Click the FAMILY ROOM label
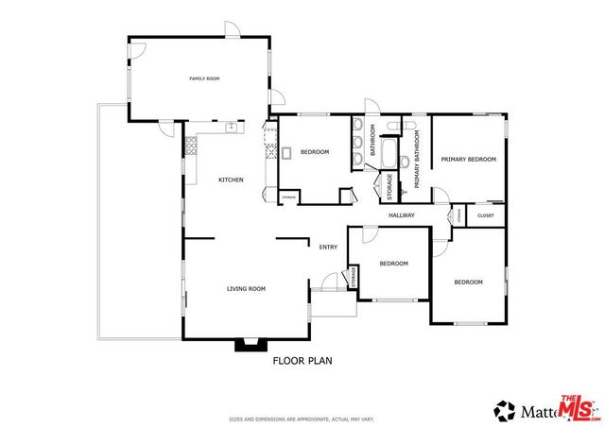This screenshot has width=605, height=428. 204,78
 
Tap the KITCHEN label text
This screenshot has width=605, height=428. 232,180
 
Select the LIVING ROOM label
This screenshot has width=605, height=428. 245,288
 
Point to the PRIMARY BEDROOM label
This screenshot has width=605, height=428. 468,160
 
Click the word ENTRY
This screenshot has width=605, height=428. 328,248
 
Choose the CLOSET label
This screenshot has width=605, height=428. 485,215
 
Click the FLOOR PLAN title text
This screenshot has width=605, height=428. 302,360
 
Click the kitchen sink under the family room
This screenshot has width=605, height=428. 230,125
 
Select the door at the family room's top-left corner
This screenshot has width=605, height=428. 139,51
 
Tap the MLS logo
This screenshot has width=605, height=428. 578,407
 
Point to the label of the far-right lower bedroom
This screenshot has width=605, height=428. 468,282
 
